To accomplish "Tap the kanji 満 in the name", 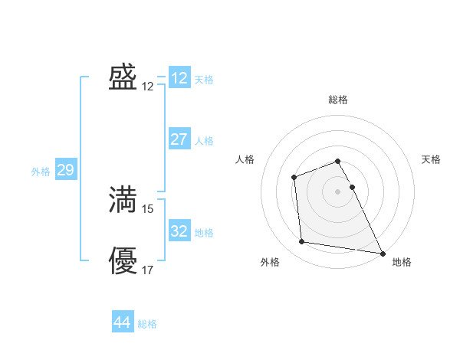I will [123, 199].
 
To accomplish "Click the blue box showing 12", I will [179, 77].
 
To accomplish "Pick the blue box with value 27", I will [179, 139].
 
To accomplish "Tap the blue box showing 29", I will [65, 170].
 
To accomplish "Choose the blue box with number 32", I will [179, 231].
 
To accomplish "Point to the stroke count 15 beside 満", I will [148, 208].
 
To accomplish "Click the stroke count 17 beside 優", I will [148, 270].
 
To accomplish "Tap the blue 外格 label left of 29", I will [41, 172].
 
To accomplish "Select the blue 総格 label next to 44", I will [147, 324].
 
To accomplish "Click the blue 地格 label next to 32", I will [204, 232].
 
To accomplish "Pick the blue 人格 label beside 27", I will [204, 141].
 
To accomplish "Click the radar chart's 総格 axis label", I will [338, 100].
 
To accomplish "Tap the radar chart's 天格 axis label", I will [431, 159].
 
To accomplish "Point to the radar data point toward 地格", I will [383, 254].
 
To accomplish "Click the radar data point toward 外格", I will [302, 242].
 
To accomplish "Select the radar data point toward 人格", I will [294, 178].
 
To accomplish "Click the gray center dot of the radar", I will [338, 191].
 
